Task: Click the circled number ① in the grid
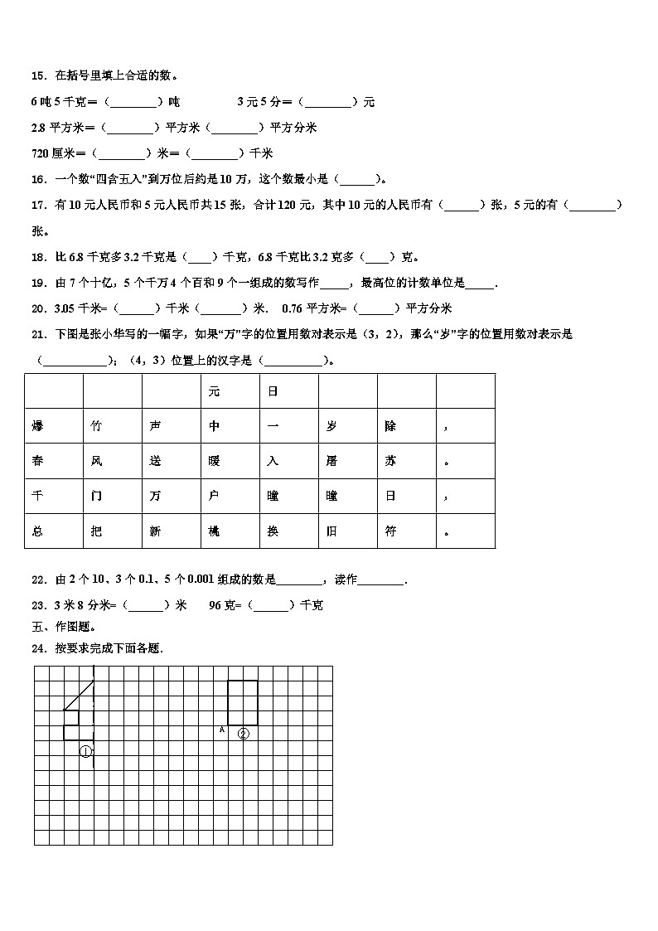[x=85, y=752]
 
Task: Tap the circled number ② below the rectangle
[x=243, y=734]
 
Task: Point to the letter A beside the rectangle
[x=221, y=730]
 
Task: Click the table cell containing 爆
[x=37, y=426]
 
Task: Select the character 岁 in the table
[x=331, y=426]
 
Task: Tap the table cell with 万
[x=155, y=496]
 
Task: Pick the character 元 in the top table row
[x=214, y=391]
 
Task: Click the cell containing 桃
[x=214, y=531]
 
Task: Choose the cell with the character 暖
[x=214, y=461]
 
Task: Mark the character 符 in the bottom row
[x=390, y=531]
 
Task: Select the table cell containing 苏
[x=390, y=461]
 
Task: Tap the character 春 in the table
[x=37, y=461]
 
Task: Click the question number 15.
[x=38, y=76]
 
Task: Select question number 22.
[x=38, y=579]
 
